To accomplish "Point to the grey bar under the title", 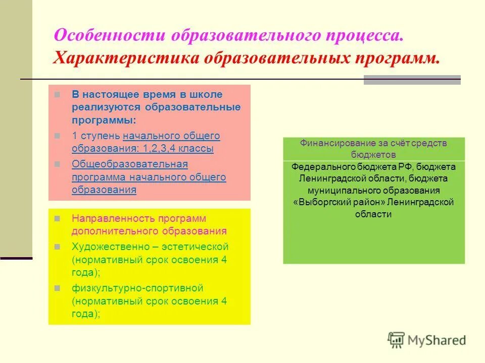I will pos(412,80).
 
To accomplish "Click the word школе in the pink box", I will pos(208,95).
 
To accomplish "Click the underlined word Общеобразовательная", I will pos(129,164).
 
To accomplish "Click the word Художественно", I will pos(108,247).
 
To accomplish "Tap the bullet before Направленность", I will pos(57,219).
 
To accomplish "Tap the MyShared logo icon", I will pos(397,340).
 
